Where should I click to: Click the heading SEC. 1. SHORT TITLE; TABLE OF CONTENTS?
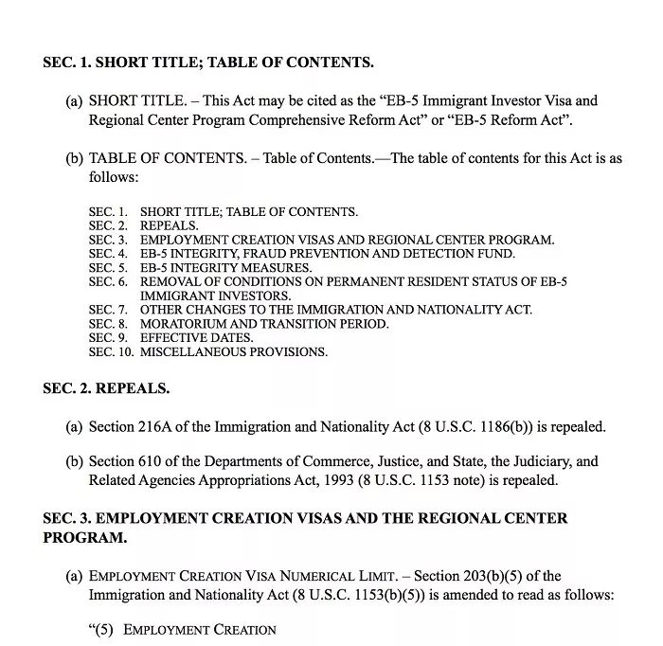(208, 63)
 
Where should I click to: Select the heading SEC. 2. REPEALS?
(106, 389)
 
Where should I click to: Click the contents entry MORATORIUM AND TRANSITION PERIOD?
(264, 324)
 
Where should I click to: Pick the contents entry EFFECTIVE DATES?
(197, 338)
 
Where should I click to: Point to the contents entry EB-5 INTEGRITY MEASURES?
(225, 268)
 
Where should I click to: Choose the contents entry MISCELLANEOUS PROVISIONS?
(234, 352)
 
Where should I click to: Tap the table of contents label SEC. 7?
(108, 310)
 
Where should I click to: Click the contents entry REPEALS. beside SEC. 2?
(170, 226)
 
